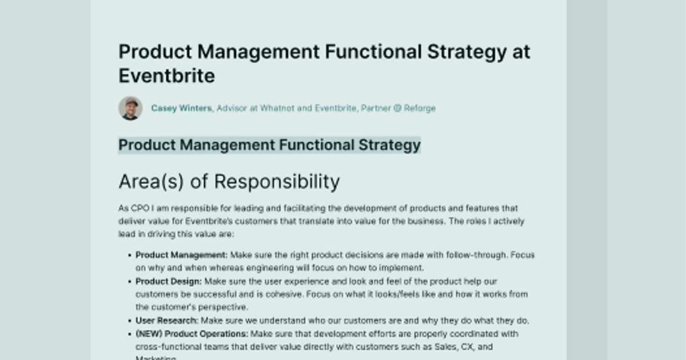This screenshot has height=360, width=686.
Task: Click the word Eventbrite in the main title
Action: coord(166,75)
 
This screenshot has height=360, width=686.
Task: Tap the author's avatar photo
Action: coord(130,108)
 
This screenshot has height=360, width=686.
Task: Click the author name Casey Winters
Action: coord(181,108)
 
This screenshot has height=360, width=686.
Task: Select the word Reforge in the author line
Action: coord(420,108)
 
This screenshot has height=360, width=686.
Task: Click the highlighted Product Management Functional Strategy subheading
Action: coord(269,145)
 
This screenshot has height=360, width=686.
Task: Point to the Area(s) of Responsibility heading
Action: coord(229,182)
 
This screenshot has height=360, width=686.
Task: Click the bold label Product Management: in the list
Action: coord(181,255)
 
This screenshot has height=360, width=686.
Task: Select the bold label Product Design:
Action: coord(169,281)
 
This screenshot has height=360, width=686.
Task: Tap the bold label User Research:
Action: coord(167,321)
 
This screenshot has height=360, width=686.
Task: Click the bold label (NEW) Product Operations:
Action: coord(192,334)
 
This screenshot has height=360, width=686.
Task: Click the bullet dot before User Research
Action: coord(130,321)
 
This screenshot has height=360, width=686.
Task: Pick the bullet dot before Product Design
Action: coord(130,282)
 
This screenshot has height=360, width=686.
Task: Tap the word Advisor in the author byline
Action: coord(231,108)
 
